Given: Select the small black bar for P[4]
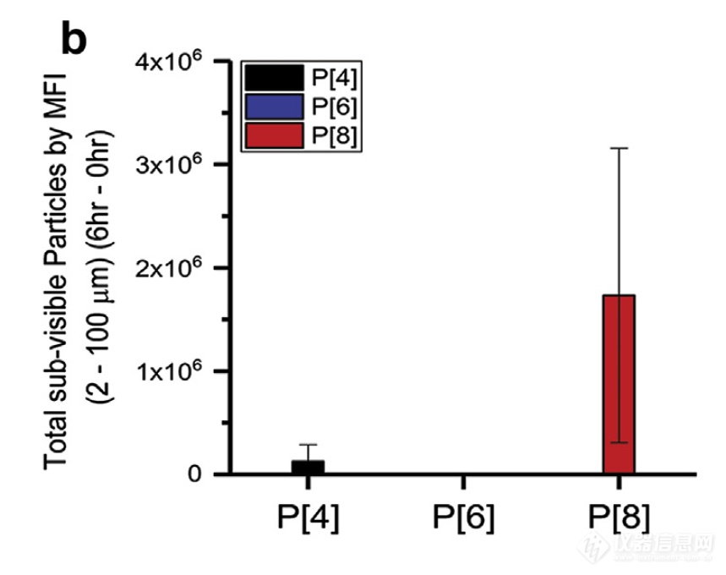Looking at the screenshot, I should (x=308, y=467).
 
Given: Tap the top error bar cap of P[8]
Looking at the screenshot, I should (x=619, y=148).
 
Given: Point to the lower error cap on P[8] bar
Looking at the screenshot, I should (x=619, y=442).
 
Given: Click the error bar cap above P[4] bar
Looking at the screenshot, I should (x=308, y=445).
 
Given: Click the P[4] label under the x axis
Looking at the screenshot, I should (x=308, y=517).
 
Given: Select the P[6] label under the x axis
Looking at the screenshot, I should (x=463, y=517).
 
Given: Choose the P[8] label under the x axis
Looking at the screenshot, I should (x=619, y=517).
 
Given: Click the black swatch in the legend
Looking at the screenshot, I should (x=273, y=79).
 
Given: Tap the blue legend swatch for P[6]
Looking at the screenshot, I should (x=273, y=107).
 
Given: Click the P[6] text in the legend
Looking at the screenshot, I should (x=335, y=107).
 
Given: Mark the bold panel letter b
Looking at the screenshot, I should (x=74, y=38).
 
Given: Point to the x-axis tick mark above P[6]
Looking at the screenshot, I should (x=463, y=482).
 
